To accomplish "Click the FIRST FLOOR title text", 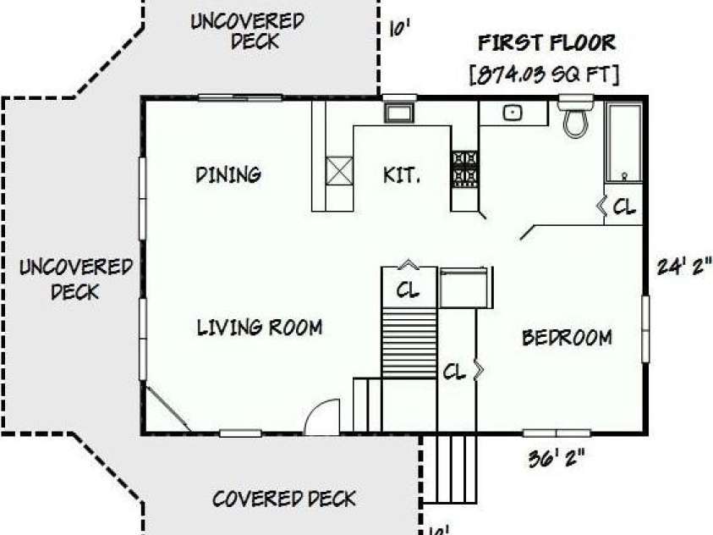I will pos(546,42).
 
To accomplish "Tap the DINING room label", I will pos(228,174).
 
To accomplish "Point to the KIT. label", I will pos(402,175).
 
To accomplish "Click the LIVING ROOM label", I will pos(260,327).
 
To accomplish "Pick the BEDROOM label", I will pos(567,338).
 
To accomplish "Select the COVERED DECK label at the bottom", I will pos(284,498).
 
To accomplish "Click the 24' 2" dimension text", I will pos(684,267).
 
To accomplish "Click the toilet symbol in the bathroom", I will pos(576,119).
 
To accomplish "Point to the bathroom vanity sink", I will pos(513,113).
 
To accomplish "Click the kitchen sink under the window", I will pos(398,113).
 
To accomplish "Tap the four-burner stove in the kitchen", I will pos(464,168).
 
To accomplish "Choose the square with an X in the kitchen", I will pos(338,169).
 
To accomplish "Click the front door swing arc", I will pos(323,417).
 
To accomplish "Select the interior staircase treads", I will pos(409,343).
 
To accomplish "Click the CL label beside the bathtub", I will pos(623,207).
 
